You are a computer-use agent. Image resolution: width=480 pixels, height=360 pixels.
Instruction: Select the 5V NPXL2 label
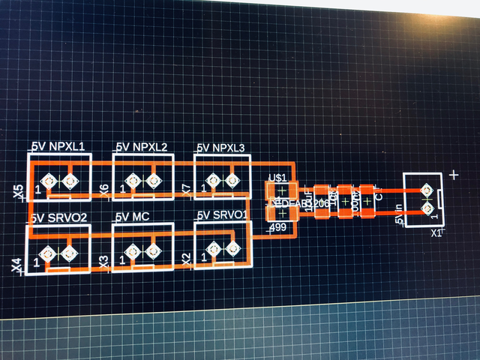point(141,146)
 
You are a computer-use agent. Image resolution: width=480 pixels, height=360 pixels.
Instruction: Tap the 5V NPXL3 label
point(221,148)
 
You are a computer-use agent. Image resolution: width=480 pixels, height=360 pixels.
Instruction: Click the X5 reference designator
point(19,193)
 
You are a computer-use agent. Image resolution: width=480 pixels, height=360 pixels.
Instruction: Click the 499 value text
point(278,226)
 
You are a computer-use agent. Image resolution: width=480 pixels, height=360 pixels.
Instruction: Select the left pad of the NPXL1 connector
point(49,181)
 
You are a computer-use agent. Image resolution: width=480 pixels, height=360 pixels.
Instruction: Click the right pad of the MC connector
point(153,252)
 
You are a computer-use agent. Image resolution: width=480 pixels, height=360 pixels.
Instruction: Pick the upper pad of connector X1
point(427,190)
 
